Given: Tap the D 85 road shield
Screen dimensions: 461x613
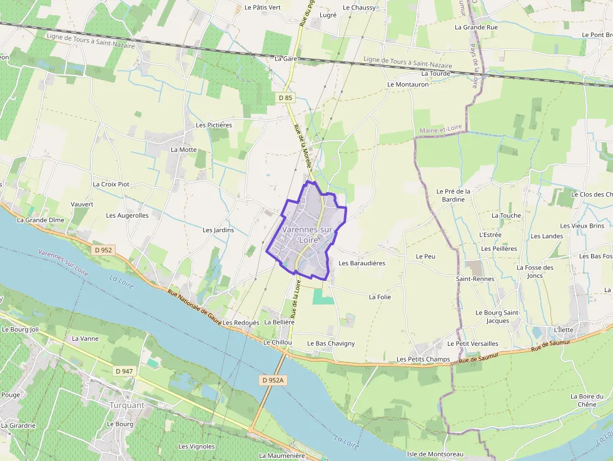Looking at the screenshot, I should click(285, 98).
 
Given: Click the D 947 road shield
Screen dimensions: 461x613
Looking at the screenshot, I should click(124, 371).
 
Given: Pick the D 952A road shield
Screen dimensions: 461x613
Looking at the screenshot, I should click(273, 380).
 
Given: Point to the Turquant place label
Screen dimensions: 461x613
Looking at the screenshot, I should click(127, 405).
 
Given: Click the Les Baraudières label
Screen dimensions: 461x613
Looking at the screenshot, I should click(362, 263).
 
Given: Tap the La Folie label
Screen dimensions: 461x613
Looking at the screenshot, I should click(380, 297).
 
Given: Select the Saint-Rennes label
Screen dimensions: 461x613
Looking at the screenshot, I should click(475, 279).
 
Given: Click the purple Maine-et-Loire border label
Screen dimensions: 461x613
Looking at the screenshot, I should click(441, 128).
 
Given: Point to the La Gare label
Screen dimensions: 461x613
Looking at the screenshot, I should click(285, 58).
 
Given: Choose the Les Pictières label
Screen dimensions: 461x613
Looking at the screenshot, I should click(214, 125).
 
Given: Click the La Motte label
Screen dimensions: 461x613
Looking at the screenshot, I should click(183, 150).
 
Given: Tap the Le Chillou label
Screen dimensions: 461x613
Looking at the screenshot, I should click(277, 343).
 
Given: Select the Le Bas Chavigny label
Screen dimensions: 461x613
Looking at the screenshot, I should click(331, 343).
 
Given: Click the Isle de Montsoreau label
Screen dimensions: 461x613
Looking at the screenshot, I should click(435, 453).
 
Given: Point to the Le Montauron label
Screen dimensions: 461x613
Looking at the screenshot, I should click(408, 84).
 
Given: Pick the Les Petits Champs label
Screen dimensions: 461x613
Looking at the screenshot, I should click(423, 360).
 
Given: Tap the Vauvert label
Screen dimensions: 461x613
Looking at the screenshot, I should click(82, 205).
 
